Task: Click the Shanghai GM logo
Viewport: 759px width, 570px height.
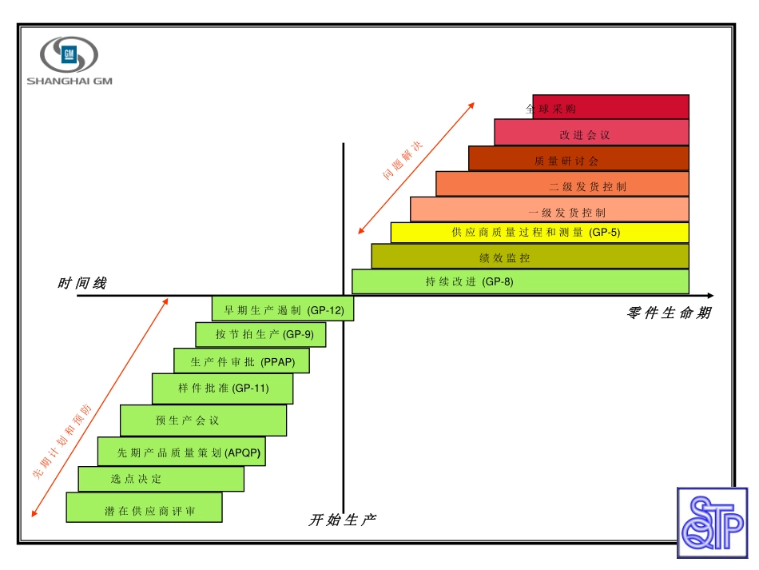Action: (70, 60)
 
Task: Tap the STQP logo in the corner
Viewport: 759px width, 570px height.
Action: (713, 523)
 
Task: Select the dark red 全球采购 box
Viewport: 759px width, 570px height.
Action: (610, 107)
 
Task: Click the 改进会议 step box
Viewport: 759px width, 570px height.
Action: (591, 133)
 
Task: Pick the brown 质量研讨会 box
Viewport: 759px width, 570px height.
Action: (578, 158)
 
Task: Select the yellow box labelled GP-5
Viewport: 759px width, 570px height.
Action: (539, 233)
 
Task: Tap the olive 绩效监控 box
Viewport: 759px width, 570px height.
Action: (530, 257)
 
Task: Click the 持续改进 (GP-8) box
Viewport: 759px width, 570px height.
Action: (520, 281)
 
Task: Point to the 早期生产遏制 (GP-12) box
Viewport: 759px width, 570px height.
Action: (283, 309)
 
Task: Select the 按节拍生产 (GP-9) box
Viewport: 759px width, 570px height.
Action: (260, 335)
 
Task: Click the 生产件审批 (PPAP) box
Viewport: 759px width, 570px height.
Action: (241, 361)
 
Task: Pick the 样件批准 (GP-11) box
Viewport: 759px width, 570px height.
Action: (222, 389)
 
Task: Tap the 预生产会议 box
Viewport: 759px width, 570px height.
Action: (203, 421)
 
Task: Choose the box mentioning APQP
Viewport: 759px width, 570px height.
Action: (181, 452)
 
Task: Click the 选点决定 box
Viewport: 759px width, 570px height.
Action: (161, 479)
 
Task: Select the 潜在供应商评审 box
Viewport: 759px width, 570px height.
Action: (144, 508)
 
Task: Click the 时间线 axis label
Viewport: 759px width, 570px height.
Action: (81, 284)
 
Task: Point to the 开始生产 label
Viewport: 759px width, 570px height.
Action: (342, 520)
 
